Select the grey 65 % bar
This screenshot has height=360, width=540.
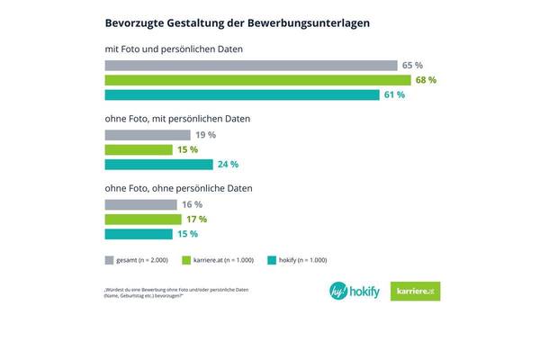251,66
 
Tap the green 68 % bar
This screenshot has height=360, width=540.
257,80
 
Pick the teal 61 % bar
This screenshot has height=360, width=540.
242,95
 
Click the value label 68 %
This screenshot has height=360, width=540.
426,80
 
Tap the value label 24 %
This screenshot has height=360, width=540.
229,165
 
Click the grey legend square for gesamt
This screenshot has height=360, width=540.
110,260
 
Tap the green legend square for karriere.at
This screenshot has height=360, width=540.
186,260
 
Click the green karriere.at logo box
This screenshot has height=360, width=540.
416,292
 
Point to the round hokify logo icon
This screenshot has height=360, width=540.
339,292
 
